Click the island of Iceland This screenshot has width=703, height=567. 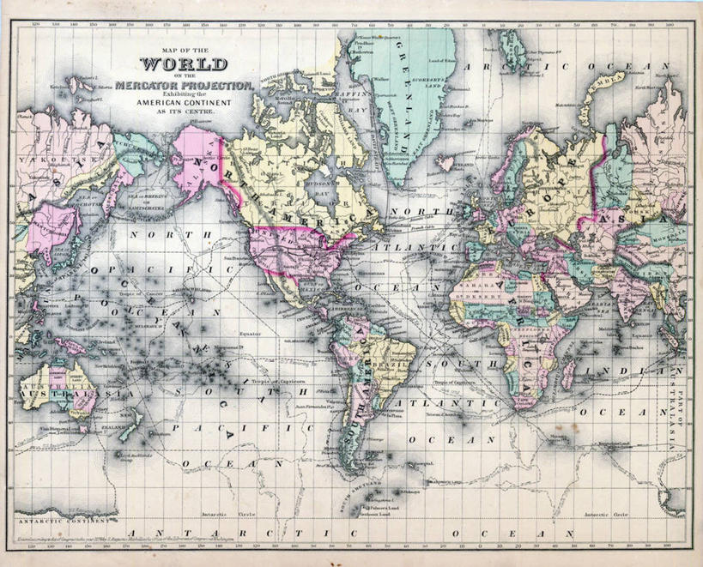[x=445, y=161]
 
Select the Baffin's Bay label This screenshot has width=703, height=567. [x=351, y=110]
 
